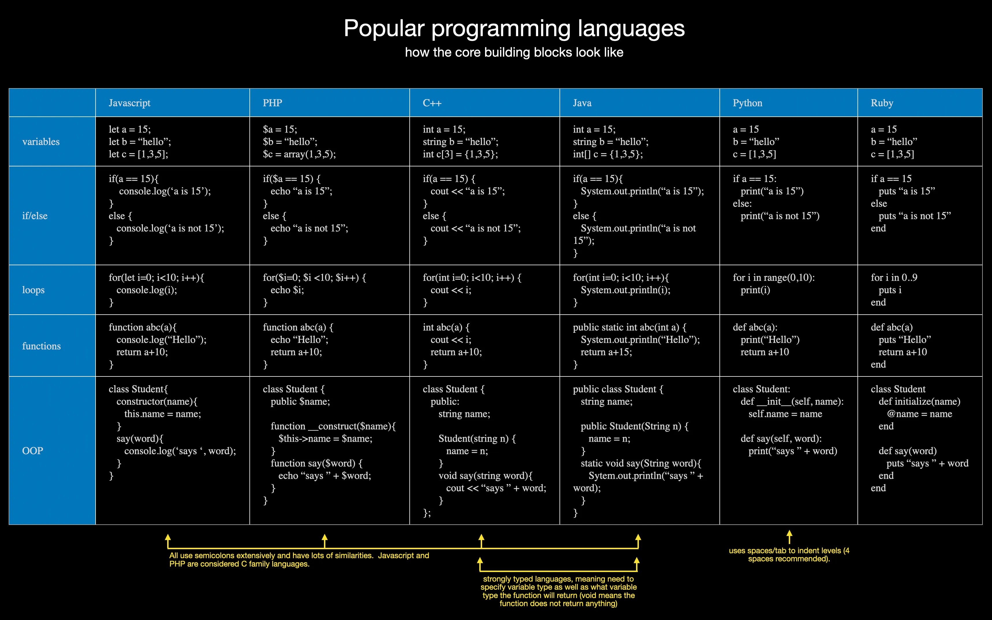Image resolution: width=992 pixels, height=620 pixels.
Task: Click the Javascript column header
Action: pyautogui.click(x=129, y=103)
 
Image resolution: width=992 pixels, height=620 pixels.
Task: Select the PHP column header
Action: pyautogui.click(x=273, y=103)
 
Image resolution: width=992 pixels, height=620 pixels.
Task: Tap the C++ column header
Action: pyautogui.click(x=432, y=103)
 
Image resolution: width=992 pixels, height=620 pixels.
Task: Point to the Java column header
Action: pyautogui.click(x=582, y=103)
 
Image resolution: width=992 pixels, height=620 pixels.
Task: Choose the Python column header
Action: pyautogui.click(x=747, y=103)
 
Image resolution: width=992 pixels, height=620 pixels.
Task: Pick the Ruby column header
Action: pyautogui.click(x=882, y=103)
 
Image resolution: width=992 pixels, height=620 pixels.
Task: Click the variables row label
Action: pyautogui.click(x=41, y=142)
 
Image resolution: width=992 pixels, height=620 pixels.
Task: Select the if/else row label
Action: pyautogui.click(x=35, y=216)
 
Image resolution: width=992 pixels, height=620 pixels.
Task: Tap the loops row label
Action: pyautogui.click(x=33, y=290)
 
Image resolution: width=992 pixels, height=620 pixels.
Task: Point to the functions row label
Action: pyautogui.click(x=41, y=346)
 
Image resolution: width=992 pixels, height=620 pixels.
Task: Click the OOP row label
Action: pyautogui.click(x=32, y=451)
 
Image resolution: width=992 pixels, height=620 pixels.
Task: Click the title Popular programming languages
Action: pyautogui.click(x=514, y=29)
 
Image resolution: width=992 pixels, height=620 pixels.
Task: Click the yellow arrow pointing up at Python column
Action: pyautogui.click(x=789, y=537)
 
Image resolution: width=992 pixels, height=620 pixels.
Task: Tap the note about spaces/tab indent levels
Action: pyautogui.click(x=789, y=555)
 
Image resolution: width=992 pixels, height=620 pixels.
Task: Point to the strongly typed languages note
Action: pyautogui.click(x=558, y=591)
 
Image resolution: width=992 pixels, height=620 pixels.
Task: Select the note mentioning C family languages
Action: pyautogui.click(x=299, y=560)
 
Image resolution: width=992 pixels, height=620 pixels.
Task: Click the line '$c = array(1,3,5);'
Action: pyautogui.click(x=299, y=154)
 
